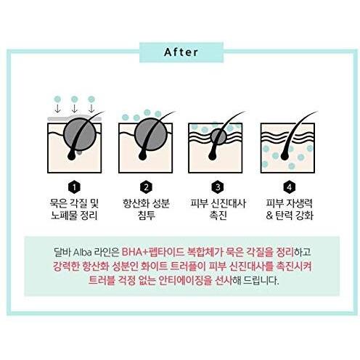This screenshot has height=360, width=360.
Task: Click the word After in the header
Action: click(x=181, y=52)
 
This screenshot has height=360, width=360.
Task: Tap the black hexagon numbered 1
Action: click(x=74, y=187)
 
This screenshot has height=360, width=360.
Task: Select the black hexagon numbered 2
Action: click(x=146, y=187)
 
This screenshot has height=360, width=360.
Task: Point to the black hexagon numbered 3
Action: click(x=218, y=187)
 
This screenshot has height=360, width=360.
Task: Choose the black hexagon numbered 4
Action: click(x=290, y=187)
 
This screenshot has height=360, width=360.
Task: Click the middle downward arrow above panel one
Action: click(x=75, y=108)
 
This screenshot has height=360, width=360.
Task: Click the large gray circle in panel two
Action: click(x=150, y=134)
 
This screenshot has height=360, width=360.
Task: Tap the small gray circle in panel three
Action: click(x=218, y=136)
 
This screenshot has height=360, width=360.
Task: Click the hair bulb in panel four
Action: click(x=285, y=155)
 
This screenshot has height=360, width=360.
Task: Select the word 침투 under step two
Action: click(x=147, y=216)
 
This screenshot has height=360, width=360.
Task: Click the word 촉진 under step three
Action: click(x=218, y=216)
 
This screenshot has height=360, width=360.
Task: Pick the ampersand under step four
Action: click(x=269, y=216)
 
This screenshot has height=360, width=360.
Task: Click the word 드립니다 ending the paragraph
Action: click(x=261, y=281)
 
